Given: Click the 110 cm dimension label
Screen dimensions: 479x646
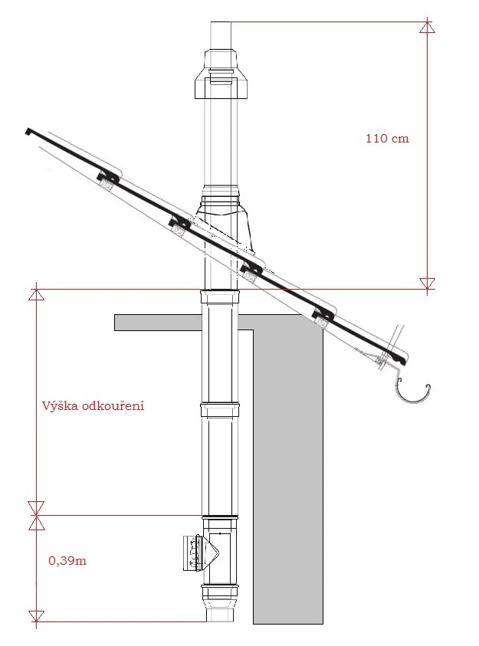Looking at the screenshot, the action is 387,139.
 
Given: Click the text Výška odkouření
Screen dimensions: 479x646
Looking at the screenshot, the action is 93,406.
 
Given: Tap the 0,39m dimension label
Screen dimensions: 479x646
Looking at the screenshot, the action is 67,560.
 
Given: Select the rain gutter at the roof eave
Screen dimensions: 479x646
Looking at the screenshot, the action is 412,392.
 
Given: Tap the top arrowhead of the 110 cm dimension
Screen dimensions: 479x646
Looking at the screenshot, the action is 427,27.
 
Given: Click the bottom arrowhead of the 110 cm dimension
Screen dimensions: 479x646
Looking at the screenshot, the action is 427,284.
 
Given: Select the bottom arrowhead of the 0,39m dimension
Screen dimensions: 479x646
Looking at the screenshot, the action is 36,616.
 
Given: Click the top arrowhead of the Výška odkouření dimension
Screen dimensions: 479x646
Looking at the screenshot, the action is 36,294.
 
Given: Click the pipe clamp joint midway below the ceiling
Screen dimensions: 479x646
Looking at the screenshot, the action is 219,410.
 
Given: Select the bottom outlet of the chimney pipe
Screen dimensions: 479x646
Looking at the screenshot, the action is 221,614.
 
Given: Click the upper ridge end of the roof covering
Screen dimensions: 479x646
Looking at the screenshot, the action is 30,131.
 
